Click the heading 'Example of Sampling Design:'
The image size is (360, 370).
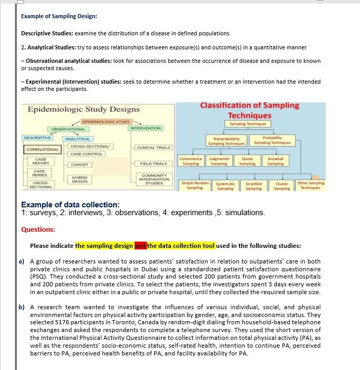tap(59, 16)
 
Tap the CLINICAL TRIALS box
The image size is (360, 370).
tap(153, 148)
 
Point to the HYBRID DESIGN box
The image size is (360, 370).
tap(79, 179)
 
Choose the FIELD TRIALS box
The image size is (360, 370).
tap(153, 164)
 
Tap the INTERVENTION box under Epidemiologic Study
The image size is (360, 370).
tap(146, 128)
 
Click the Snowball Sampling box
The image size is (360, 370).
tap(275, 161)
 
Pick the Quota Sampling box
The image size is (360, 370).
tap(247, 161)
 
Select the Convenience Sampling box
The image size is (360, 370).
tap(191, 161)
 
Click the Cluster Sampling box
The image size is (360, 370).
tap(282, 186)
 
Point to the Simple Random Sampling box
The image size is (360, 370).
tap(195, 186)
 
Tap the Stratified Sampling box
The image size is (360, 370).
tap(254, 186)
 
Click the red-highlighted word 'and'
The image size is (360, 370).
tap(140, 246)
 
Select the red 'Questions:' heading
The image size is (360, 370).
tap(38, 229)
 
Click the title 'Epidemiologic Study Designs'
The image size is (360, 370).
tap(83, 109)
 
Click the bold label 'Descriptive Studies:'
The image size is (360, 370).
tap(47, 33)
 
